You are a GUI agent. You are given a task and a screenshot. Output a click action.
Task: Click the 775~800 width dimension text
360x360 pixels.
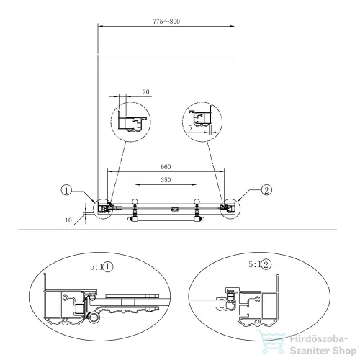(166, 22)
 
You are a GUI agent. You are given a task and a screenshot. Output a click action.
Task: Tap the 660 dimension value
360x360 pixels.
(166, 167)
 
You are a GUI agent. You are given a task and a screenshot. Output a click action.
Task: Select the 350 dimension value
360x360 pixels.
(166, 180)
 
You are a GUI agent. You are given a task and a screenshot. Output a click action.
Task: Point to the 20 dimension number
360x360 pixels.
(146, 92)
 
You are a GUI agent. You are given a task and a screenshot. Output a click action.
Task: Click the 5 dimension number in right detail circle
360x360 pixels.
(190, 128)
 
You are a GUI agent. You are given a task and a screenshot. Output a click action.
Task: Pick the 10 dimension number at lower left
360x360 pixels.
(68, 220)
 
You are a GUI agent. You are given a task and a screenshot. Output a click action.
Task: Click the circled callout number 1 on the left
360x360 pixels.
(66, 190)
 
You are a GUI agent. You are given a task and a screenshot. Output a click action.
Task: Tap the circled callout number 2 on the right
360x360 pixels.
(266, 190)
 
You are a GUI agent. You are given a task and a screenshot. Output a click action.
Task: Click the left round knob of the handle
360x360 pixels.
(135, 202)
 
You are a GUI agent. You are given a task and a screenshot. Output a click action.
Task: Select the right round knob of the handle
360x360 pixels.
(197, 202)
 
